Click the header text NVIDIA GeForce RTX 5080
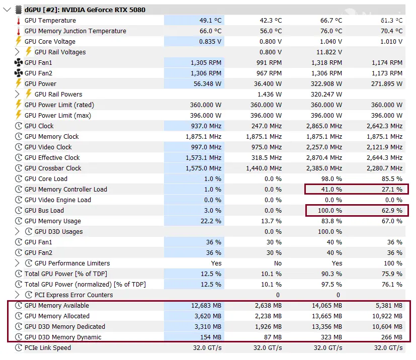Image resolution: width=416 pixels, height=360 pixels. [x=104, y=10]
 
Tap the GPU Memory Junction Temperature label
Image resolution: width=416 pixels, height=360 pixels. [x=75, y=31]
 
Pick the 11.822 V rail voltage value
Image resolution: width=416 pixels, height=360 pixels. [x=329, y=52]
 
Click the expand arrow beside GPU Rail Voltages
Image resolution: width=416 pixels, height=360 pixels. [x=18, y=52]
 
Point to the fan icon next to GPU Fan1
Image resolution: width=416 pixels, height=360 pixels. [x=19, y=63]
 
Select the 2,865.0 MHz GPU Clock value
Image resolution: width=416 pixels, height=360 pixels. [x=324, y=126]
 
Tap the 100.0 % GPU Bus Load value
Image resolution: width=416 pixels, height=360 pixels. [x=329, y=211]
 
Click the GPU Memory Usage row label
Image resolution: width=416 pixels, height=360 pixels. [x=53, y=221]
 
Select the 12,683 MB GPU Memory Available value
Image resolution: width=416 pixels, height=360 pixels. [x=206, y=306]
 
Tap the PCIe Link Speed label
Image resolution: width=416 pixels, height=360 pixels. [x=48, y=348]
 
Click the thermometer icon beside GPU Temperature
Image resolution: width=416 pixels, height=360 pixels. [x=19, y=21]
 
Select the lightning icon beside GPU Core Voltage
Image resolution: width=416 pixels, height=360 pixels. [x=19, y=42]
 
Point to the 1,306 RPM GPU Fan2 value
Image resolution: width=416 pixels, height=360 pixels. [x=206, y=73]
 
